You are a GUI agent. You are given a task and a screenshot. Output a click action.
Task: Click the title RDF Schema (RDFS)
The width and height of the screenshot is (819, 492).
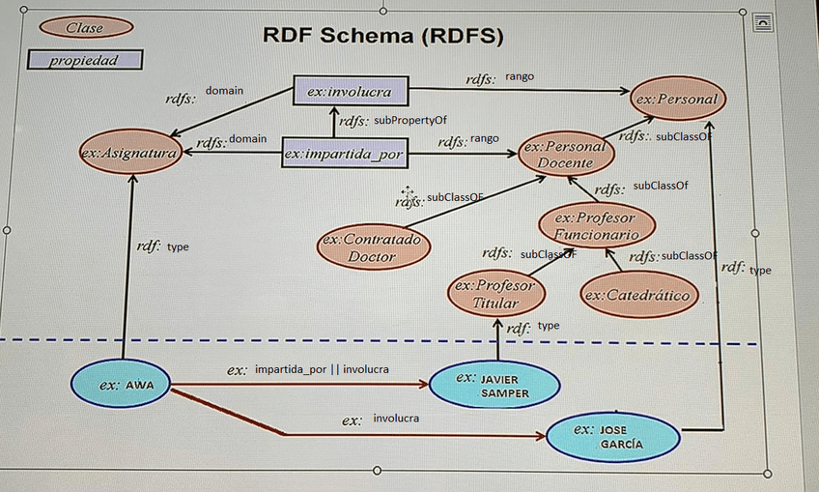(x=383, y=37)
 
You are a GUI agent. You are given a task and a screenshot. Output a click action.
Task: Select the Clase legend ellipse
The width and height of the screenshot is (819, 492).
(x=85, y=27)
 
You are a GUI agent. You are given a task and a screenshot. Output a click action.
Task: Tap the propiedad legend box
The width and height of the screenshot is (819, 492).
(x=85, y=60)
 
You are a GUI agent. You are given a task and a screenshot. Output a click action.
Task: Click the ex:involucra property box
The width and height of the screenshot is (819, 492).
(x=350, y=92)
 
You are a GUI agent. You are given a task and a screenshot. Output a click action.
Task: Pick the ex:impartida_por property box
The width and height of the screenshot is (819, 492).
(x=344, y=153)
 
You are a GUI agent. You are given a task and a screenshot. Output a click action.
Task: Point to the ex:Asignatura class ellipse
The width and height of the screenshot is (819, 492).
(x=129, y=154)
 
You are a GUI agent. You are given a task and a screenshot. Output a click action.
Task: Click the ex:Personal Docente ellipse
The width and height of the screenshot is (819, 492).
(x=565, y=155)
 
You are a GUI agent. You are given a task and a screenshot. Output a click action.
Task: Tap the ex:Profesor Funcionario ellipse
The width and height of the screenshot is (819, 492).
(x=596, y=226)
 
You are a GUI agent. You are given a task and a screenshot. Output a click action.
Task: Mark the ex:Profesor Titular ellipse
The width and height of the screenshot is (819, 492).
(x=495, y=294)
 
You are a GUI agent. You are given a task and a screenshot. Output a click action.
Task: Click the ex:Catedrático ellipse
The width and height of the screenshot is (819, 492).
(x=638, y=295)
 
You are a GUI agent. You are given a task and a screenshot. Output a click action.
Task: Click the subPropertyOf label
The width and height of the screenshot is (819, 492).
(x=410, y=120)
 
